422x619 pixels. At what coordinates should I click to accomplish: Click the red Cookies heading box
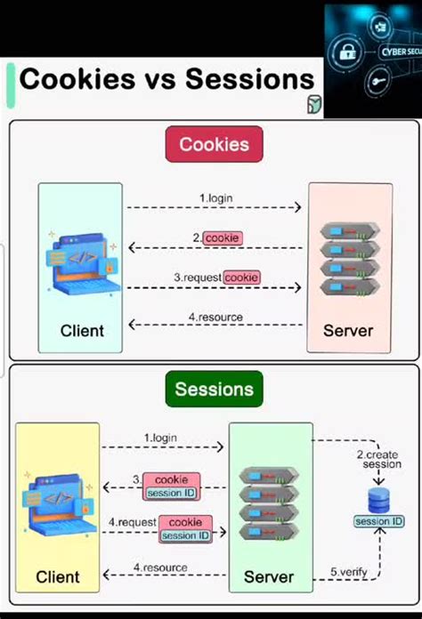(214, 144)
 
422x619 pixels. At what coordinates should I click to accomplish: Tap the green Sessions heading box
(214, 389)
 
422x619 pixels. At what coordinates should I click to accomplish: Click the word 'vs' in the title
(159, 79)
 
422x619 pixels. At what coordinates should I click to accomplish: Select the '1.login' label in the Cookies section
(215, 197)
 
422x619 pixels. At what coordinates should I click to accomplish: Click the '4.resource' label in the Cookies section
(215, 317)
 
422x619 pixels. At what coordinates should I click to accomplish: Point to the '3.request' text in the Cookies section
(197, 277)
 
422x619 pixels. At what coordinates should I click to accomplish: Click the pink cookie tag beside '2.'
(222, 238)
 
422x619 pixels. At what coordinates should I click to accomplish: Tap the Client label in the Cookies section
(82, 331)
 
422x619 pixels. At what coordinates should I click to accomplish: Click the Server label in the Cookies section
(348, 331)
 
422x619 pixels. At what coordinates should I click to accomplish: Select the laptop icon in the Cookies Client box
(80, 264)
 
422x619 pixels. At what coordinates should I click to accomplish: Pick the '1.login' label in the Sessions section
(161, 438)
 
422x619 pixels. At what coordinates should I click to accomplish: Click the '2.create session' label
(381, 458)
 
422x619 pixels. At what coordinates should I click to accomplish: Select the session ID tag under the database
(379, 521)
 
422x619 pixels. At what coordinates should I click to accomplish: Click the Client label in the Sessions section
(58, 577)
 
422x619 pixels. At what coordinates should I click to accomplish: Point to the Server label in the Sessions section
(269, 577)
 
